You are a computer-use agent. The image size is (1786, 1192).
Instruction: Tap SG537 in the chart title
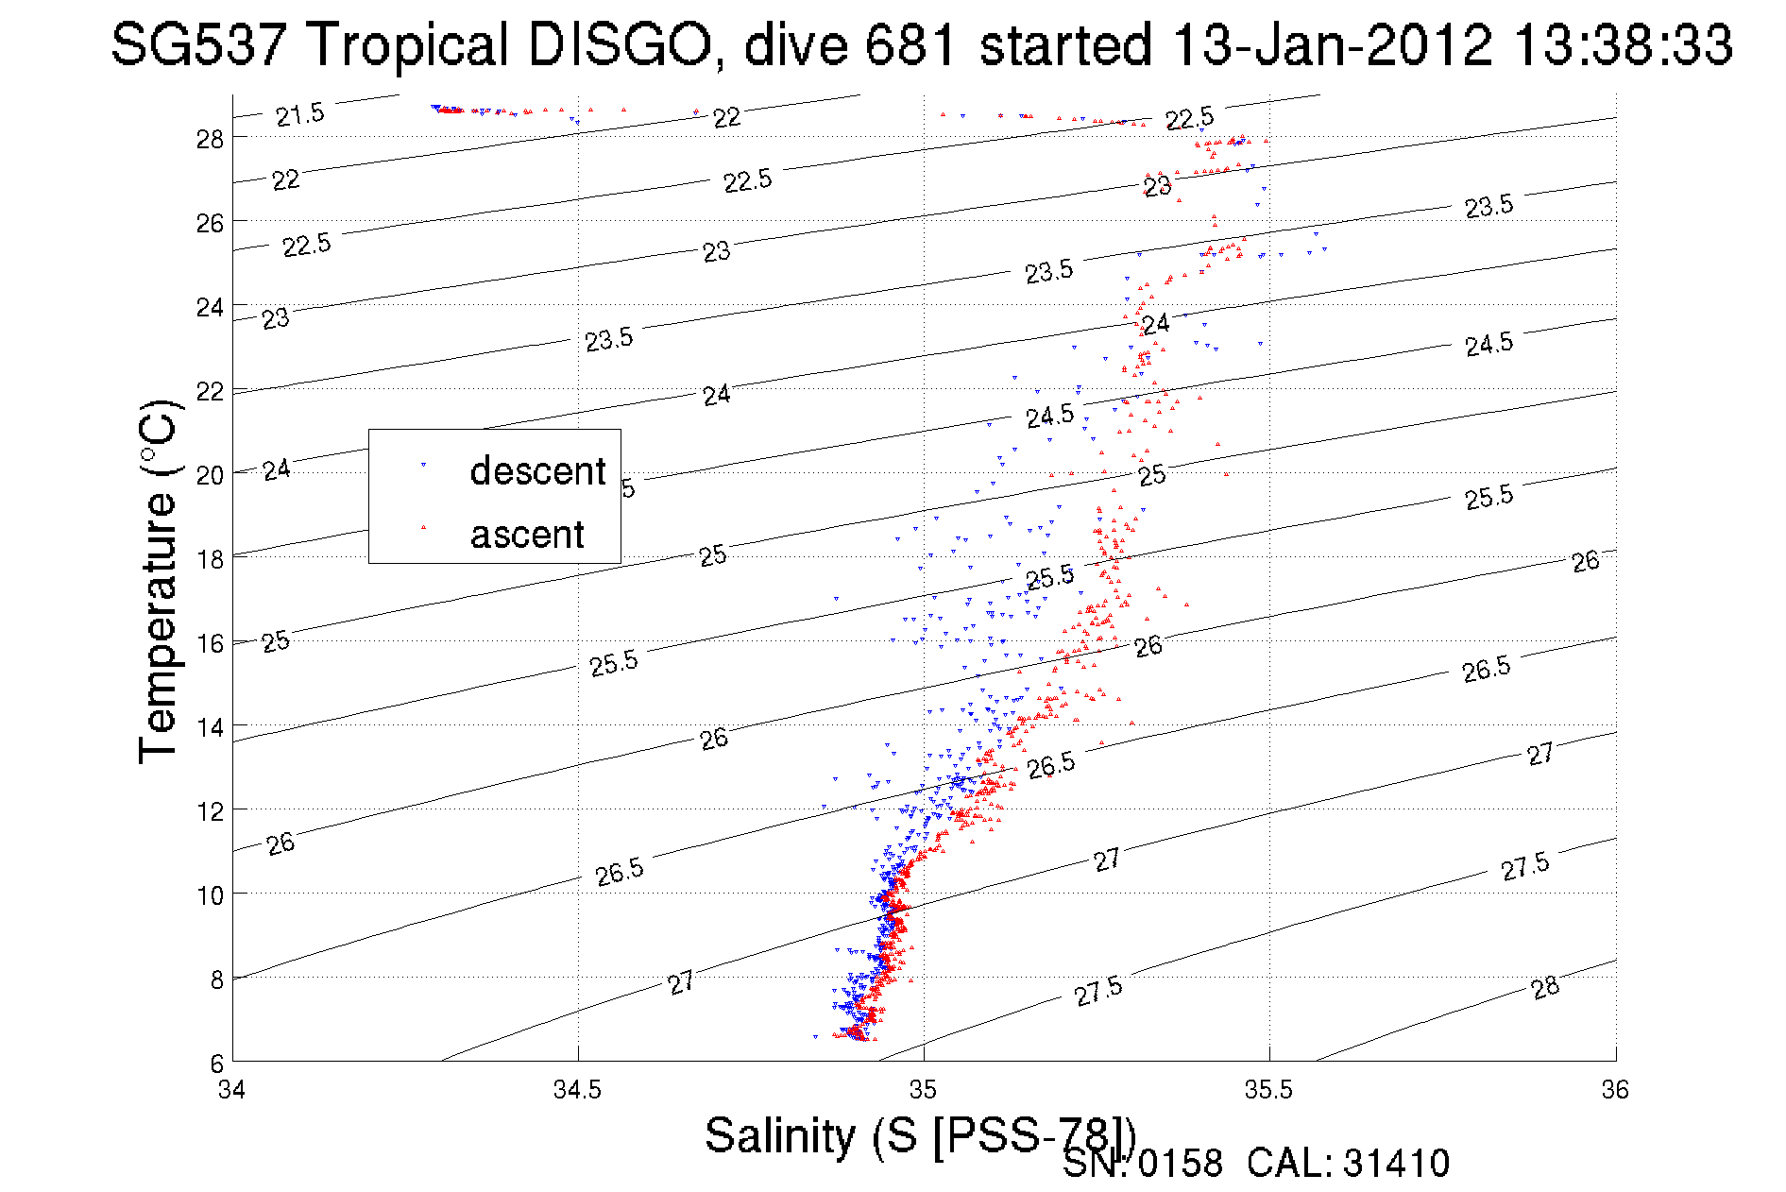197,44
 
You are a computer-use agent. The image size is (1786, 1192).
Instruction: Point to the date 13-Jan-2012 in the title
1332,44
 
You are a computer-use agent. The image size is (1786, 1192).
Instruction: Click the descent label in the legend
537,470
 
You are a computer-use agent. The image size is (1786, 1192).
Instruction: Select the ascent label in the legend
527,535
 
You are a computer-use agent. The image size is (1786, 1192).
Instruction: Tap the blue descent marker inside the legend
423,465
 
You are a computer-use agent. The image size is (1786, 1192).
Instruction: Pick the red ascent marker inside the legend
423,528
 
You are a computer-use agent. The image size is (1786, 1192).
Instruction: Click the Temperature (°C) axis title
159,582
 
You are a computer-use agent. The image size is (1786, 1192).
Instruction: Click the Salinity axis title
919,1134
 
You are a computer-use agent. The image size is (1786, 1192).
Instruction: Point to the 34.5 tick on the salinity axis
577,1090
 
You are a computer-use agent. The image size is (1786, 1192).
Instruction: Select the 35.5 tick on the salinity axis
1268,1090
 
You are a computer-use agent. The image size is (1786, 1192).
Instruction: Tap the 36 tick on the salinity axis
1615,1090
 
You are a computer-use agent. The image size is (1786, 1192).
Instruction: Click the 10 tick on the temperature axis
210,894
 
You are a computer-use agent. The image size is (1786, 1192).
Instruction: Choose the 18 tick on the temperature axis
210,559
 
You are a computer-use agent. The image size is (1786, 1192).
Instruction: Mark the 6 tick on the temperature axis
216,1063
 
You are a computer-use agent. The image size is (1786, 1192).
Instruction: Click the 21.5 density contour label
300,115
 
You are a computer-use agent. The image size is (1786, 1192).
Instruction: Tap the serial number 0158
1180,1164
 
